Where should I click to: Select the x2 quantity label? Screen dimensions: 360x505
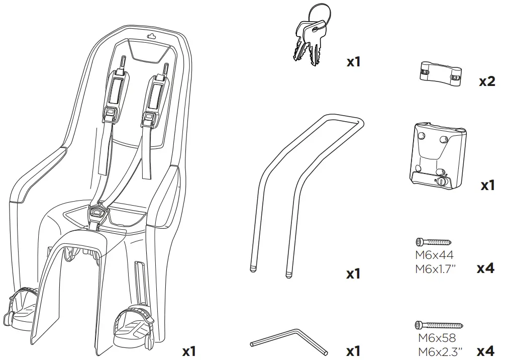[486, 82]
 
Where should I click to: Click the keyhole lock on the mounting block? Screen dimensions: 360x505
[441, 182]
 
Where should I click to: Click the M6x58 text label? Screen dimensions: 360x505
[436, 338]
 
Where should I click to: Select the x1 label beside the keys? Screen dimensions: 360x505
[354, 62]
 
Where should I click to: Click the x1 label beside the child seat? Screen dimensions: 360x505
[188, 351]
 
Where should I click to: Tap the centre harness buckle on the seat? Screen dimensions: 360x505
[99, 213]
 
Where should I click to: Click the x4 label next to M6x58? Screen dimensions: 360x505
[486, 350]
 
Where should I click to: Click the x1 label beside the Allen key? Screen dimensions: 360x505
[354, 350]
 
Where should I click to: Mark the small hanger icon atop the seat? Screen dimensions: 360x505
[151, 36]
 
